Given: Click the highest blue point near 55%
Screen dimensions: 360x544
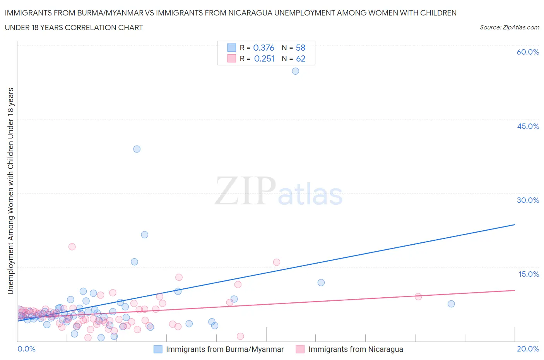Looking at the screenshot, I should [x=295, y=71].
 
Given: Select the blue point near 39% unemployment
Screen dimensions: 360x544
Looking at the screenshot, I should [x=137, y=149].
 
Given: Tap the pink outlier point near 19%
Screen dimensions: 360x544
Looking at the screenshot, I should [x=72, y=247].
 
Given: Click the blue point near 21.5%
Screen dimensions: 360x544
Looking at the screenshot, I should [x=144, y=235].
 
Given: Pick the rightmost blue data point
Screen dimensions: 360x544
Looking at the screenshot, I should [x=451, y=304].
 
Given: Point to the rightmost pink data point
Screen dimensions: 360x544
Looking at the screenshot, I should [x=418, y=297].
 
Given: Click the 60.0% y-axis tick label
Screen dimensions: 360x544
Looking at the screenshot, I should [x=528, y=52].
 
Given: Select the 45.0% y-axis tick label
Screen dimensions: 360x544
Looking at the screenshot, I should [x=528, y=126].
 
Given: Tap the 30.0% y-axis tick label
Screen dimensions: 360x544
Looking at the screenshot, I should [x=528, y=200].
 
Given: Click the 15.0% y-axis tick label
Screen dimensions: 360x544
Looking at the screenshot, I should [x=529, y=274].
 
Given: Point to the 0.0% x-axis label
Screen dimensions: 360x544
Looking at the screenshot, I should [x=26, y=349].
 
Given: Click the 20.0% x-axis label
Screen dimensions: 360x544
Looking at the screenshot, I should [x=528, y=349].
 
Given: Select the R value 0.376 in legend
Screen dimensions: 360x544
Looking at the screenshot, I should [x=263, y=48].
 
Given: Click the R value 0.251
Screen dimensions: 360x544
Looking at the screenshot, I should [x=264, y=58].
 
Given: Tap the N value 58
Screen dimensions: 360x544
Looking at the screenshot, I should [x=301, y=48].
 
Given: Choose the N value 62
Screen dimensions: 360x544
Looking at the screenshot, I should [x=301, y=58].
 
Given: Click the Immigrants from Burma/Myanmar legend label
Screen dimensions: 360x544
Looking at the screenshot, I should [x=225, y=349].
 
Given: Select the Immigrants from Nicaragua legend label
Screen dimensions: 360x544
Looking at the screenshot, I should [x=356, y=349].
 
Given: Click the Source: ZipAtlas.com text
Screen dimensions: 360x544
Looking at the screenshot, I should [x=509, y=27].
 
